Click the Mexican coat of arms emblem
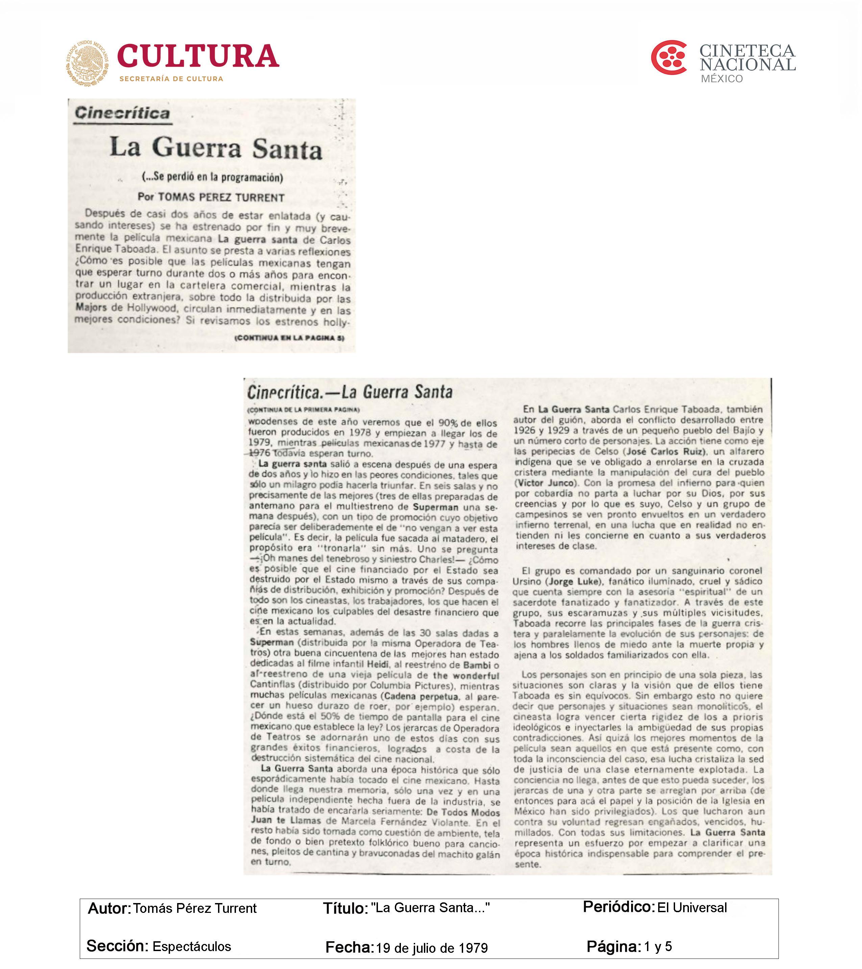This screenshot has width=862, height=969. (x=87, y=63)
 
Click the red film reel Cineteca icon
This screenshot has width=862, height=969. (x=669, y=57)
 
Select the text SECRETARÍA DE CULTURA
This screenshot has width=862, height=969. (x=171, y=79)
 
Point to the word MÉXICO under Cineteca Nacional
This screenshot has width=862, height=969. (x=722, y=79)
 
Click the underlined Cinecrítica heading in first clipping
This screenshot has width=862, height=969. (x=122, y=113)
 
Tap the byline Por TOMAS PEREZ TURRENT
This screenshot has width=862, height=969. (x=211, y=197)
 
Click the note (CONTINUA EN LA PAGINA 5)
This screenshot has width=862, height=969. (x=289, y=338)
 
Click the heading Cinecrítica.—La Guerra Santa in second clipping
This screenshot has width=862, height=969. (x=350, y=392)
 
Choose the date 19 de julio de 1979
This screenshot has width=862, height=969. (x=431, y=948)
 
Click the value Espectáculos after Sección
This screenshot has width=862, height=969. (x=191, y=946)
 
